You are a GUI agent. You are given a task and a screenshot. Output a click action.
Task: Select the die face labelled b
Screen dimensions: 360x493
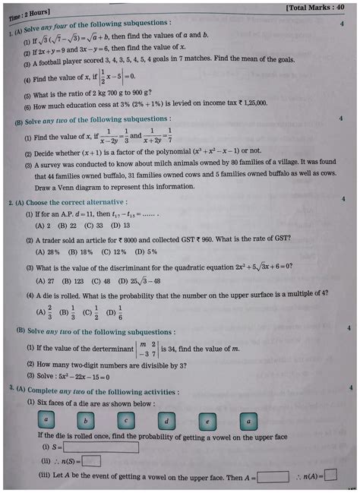[x=86, y=420]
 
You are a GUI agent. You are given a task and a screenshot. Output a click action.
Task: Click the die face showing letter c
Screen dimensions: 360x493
[x=126, y=420]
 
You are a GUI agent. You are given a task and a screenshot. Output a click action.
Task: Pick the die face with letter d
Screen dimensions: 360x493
[x=166, y=420]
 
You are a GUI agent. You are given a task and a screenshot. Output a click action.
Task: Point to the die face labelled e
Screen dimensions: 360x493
[x=207, y=420]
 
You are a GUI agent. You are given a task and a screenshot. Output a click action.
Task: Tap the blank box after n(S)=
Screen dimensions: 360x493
[x=91, y=461]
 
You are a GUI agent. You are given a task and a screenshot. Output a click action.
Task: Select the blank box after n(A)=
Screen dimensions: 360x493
[x=330, y=476]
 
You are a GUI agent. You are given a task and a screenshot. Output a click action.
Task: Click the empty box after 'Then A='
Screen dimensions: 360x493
[x=273, y=476]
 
